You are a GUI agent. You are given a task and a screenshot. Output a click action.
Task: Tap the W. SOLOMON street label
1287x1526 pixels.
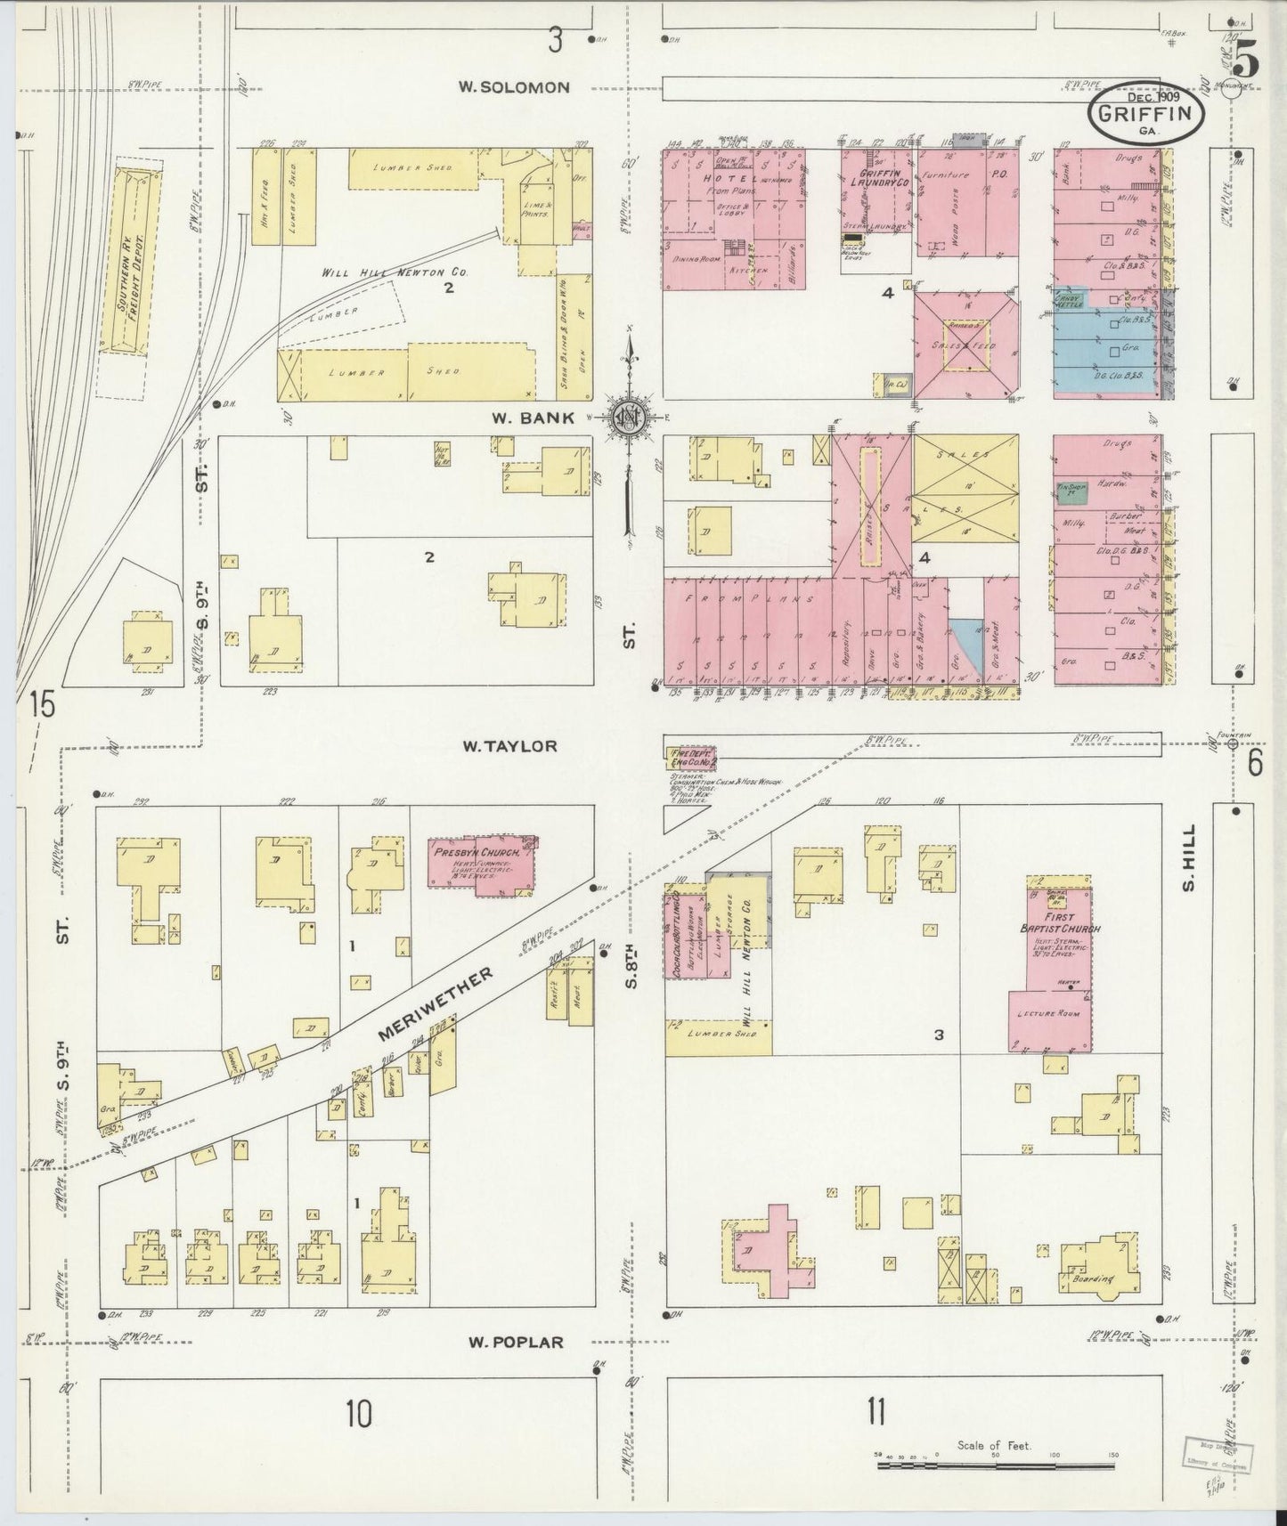tap(514, 87)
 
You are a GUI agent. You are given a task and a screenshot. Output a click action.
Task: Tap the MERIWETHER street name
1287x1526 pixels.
tap(436, 1004)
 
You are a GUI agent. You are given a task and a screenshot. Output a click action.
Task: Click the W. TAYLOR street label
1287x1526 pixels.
tap(509, 746)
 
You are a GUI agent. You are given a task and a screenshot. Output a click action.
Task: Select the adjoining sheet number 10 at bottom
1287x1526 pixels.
tap(359, 1412)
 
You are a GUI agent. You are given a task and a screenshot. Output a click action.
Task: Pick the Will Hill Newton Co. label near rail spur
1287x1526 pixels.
tap(394, 272)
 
